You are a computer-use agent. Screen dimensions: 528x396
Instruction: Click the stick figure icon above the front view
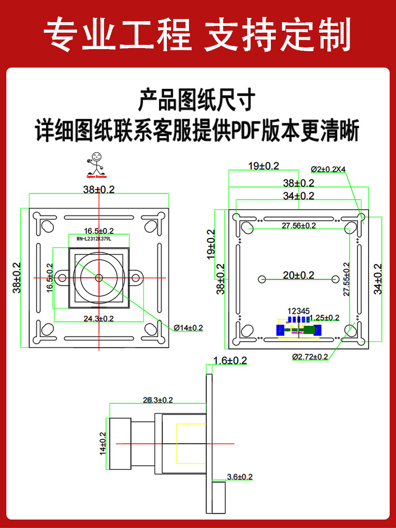[96, 164]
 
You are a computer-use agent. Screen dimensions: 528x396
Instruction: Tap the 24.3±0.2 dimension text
[99, 318]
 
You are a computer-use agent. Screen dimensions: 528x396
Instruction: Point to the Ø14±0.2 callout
[188, 328]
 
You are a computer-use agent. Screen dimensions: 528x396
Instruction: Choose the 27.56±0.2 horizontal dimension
[299, 225]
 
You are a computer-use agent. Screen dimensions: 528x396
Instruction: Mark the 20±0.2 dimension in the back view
[299, 275]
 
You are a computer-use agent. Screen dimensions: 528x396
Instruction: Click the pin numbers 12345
[298, 311]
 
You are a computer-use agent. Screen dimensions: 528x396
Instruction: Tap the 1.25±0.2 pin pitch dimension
[324, 317]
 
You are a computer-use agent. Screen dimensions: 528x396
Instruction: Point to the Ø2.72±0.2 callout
[310, 357]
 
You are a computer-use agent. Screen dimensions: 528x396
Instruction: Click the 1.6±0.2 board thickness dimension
[230, 361]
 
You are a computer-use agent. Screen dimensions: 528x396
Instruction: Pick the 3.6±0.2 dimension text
[240, 477]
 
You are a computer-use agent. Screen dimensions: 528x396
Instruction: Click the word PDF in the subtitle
[246, 130]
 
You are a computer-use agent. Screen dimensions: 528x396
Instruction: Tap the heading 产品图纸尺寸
[197, 100]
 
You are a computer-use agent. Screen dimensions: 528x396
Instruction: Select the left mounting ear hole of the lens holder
[62, 277]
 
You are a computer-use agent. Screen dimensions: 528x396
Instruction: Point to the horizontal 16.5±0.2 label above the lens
[99, 231]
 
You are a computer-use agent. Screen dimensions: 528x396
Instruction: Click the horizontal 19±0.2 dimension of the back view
[264, 166]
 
